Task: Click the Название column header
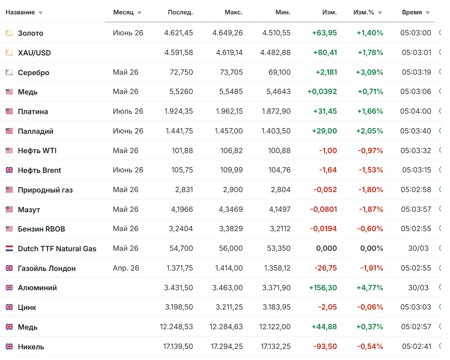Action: [x=20, y=12]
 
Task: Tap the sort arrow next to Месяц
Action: [x=140, y=13]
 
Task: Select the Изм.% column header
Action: [x=364, y=12]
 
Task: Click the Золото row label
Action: [x=30, y=33]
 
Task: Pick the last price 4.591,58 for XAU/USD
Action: [x=179, y=53]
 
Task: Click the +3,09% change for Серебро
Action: [x=370, y=72]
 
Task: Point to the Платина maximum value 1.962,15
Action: [x=229, y=111]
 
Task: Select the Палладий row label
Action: [x=36, y=131]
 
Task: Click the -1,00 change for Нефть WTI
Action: [x=328, y=150]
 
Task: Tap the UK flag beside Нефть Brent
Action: [x=9, y=170]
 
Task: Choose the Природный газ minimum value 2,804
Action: [x=280, y=190]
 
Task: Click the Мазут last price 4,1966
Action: [x=182, y=209]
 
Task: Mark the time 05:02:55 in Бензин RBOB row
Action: [x=416, y=229]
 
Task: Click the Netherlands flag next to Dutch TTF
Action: [x=9, y=248]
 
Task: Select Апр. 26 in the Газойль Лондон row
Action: [x=126, y=268]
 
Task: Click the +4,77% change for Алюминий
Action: [x=370, y=287]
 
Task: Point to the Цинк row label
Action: [x=27, y=307]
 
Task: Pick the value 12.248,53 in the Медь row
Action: [x=176, y=327]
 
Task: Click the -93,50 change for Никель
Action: [x=325, y=346]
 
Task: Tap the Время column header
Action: [x=412, y=12]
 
